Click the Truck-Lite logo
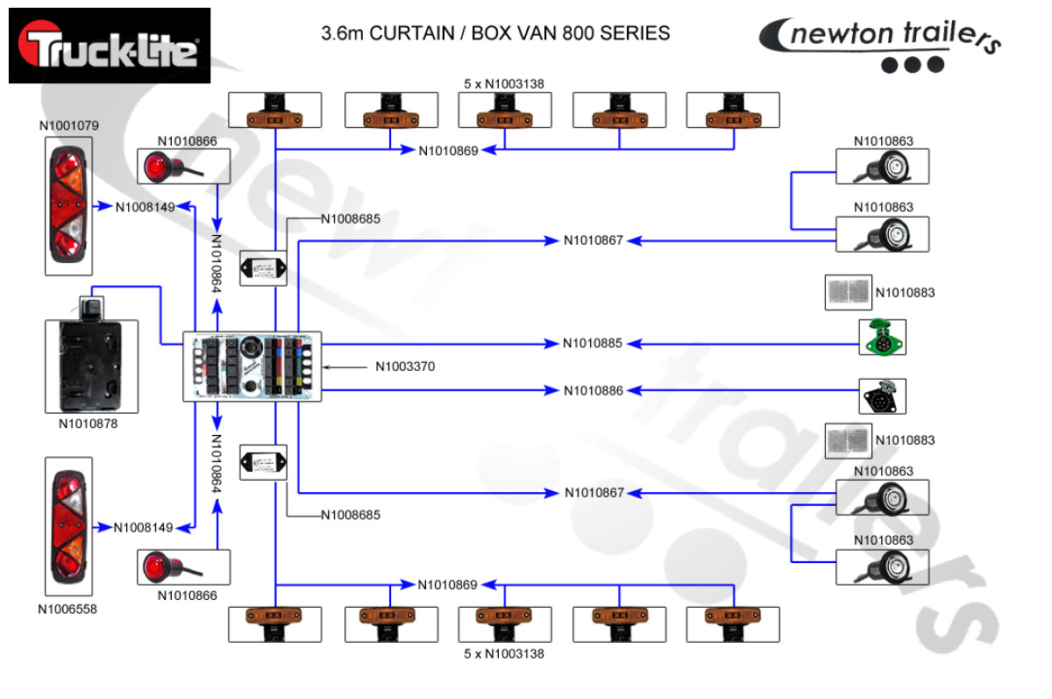click(x=110, y=46)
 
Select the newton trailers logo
click(x=879, y=45)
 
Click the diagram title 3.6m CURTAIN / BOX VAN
click(x=496, y=34)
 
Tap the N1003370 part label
click(x=405, y=367)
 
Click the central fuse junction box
click(x=252, y=367)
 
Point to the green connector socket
click(x=882, y=338)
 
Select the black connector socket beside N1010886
click(x=882, y=396)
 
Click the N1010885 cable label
click(x=593, y=343)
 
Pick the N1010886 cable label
click(x=593, y=390)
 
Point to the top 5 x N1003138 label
click(x=504, y=84)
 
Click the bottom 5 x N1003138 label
click(x=504, y=653)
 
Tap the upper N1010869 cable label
click(x=448, y=151)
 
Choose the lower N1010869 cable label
click(x=448, y=585)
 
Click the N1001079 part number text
click(x=69, y=125)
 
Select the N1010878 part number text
click(x=88, y=424)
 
